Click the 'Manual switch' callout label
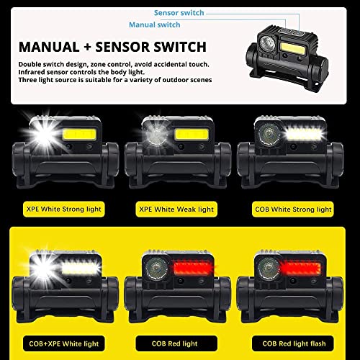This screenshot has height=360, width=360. pos(155,24)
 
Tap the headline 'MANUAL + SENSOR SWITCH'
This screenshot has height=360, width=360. pos(112,48)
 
